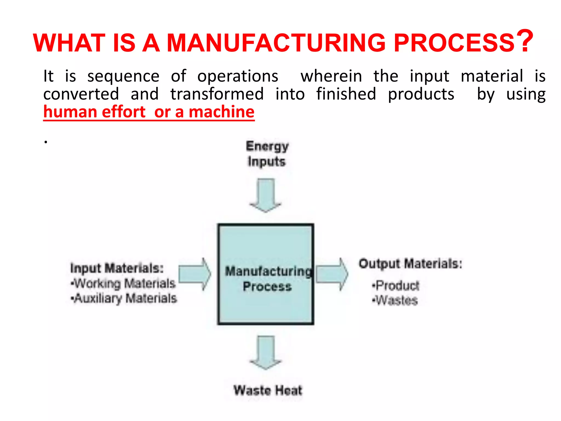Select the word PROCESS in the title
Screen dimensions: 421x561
(x=454, y=43)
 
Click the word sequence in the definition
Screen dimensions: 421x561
(x=123, y=76)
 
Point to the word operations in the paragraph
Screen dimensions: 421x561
(x=238, y=76)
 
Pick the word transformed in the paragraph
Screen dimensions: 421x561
(x=217, y=94)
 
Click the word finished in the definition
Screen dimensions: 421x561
(x=346, y=94)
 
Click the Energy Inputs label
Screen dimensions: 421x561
(x=267, y=153)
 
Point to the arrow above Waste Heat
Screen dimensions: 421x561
(x=265, y=352)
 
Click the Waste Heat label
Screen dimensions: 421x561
(x=268, y=390)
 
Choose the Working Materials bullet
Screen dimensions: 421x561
(x=123, y=283)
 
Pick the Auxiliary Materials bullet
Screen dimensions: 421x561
(x=124, y=298)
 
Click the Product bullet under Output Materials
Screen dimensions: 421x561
(x=396, y=286)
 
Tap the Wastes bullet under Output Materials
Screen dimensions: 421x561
(x=395, y=300)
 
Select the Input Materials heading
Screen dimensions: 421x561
(x=117, y=268)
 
